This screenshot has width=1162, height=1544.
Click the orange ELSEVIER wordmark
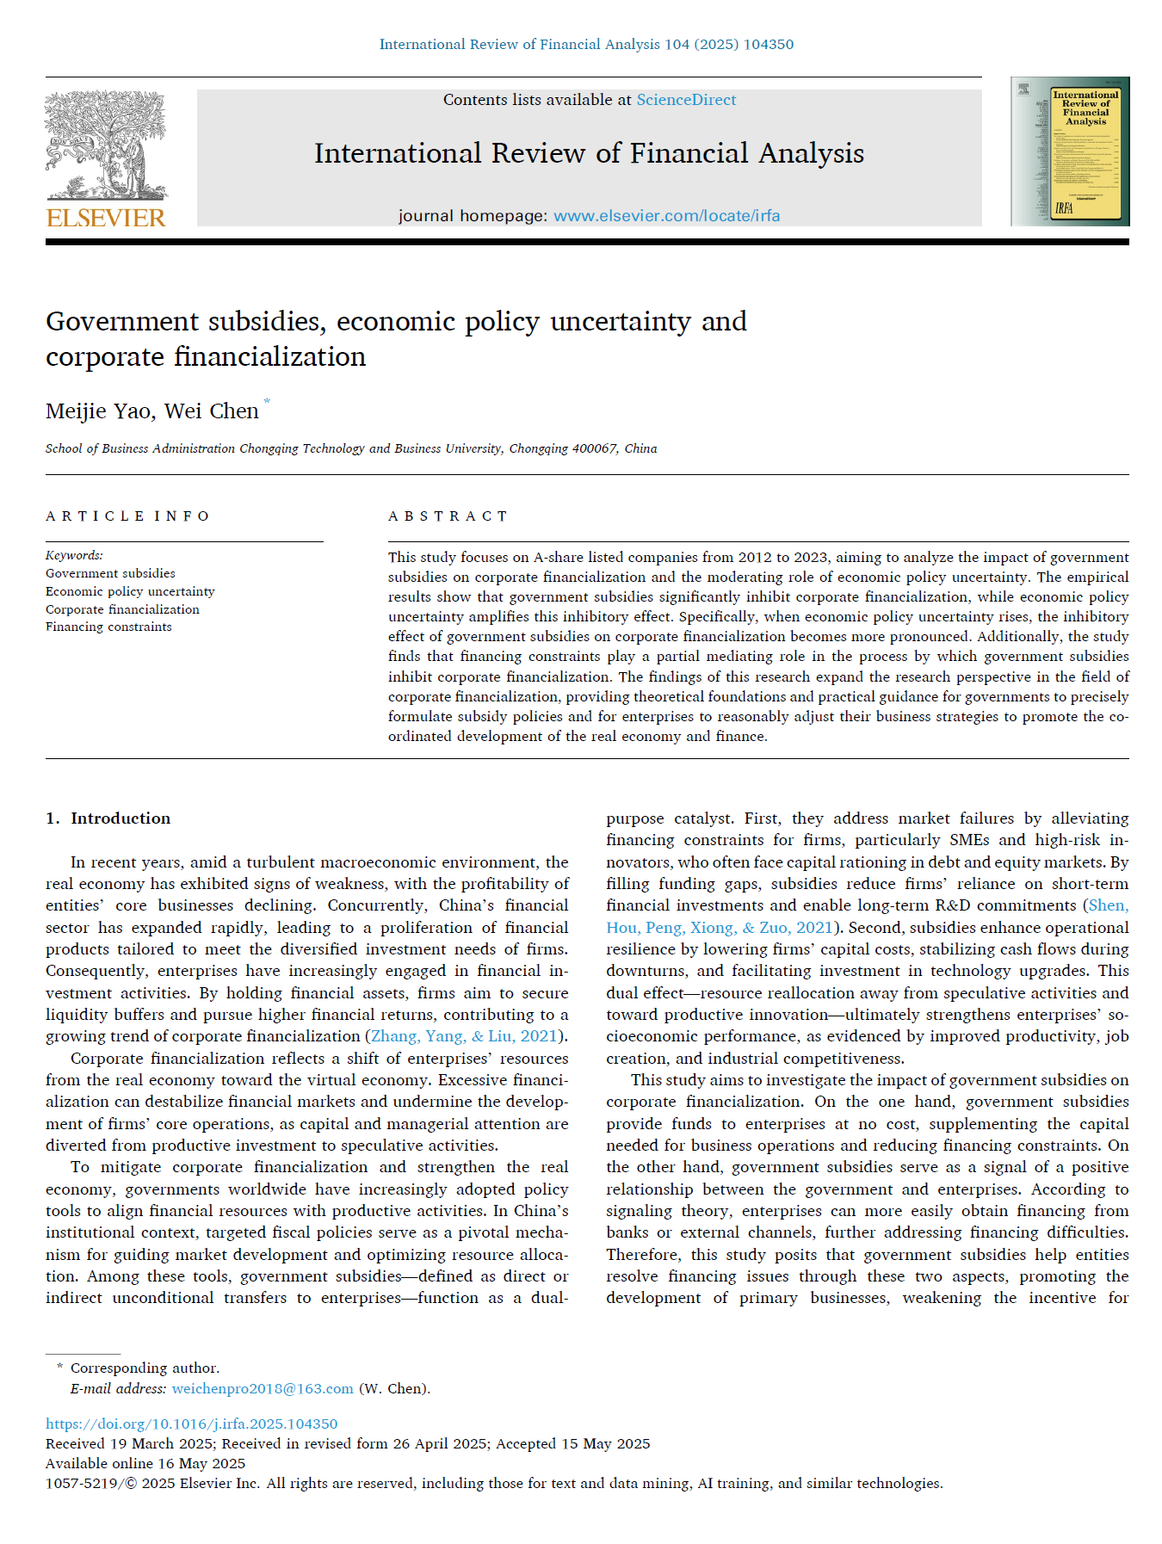[x=106, y=218]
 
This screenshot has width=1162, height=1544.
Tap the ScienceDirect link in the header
[x=686, y=100]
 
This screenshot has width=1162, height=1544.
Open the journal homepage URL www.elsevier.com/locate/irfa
[x=666, y=216]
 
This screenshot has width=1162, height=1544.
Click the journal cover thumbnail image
[x=1070, y=151]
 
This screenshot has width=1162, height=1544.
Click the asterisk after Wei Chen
[x=267, y=402]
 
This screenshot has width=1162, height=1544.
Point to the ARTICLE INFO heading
[x=127, y=516]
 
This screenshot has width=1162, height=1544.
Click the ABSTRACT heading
[x=448, y=516]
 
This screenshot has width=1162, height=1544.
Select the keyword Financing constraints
[x=108, y=627]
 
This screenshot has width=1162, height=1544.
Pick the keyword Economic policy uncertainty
[x=130, y=591]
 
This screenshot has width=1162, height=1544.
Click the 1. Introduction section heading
[x=108, y=818]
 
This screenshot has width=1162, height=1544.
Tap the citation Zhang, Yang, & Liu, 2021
[x=464, y=1036]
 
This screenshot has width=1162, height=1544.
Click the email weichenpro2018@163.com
[x=263, y=1388]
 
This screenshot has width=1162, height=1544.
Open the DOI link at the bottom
[x=191, y=1424]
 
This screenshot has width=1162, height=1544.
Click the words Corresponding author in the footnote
[x=145, y=1368]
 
